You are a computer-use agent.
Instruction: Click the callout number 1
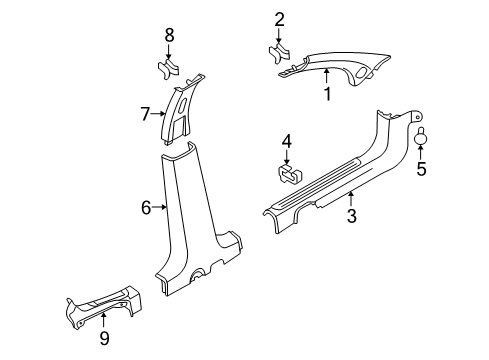(x=325, y=95)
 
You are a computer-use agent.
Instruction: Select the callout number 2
(x=279, y=17)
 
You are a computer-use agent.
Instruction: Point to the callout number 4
(x=286, y=140)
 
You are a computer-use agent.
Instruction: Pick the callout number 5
(x=421, y=171)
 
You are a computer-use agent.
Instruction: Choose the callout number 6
(x=145, y=207)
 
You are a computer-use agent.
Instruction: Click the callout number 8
(x=169, y=35)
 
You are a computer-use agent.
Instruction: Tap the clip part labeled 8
(x=169, y=69)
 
